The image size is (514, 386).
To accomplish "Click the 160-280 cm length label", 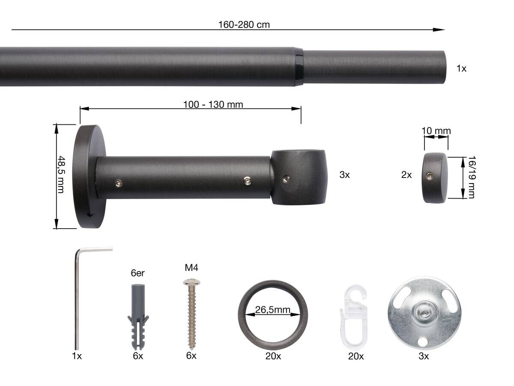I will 244,24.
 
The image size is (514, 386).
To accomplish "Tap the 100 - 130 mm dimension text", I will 213,104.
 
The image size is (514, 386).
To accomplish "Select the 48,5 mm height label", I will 61,174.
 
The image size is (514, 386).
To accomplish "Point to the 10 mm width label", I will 436,131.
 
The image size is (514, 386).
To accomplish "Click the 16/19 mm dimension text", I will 471,177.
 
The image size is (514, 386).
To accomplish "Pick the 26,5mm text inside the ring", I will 273,310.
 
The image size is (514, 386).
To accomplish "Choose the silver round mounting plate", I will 424,313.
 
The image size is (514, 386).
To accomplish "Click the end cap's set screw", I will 430,175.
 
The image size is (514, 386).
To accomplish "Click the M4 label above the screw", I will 191,268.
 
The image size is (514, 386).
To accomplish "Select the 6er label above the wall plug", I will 138,273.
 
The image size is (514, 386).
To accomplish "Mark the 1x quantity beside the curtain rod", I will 461,68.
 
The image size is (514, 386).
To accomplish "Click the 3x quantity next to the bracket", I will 344,175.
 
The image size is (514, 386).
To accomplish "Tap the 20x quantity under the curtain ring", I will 273,356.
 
